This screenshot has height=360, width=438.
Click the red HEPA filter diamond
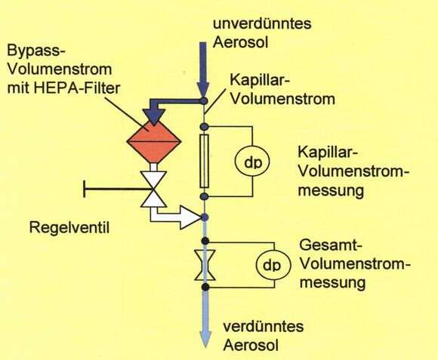pyautogui.click(x=154, y=142)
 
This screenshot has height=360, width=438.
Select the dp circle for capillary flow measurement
pyautogui.click(x=252, y=162)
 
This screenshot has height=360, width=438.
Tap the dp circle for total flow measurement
pyautogui.click(x=273, y=265)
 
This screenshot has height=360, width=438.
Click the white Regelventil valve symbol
pyautogui.click(x=153, y=189)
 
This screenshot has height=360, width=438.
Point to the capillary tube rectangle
pyautogui.click(x=205, y=161)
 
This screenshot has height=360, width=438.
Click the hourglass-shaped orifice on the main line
pyautogui.click(x=205, y=265)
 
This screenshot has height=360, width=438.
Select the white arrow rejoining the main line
pyautogui.click(x=177, y=217)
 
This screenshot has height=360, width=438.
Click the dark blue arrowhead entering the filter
pyautogui.click(x=153, y=117)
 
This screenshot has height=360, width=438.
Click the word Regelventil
pyautogui.click(x=69, y=227)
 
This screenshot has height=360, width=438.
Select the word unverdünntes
pyautogui.click(x=262, y=23)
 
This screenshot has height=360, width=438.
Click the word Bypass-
pyautogui.click(x=36, y=52)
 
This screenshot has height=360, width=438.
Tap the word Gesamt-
pyautogui.click(x=331, y=246)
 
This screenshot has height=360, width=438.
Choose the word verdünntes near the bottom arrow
pyautogui.click(x=263, y=326)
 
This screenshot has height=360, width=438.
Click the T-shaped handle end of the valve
pyautogui.click(x=85, y=189)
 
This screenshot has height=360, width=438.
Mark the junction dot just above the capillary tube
pyautogui.click(x=205, y=127)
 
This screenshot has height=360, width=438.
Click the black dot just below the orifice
pyautogui.click(x=205, y=287)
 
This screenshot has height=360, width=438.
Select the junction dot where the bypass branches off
pyautogui.click(x=204, y=100)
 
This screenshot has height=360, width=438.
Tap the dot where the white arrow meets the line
pyautogui.click(x=205, y=217)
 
